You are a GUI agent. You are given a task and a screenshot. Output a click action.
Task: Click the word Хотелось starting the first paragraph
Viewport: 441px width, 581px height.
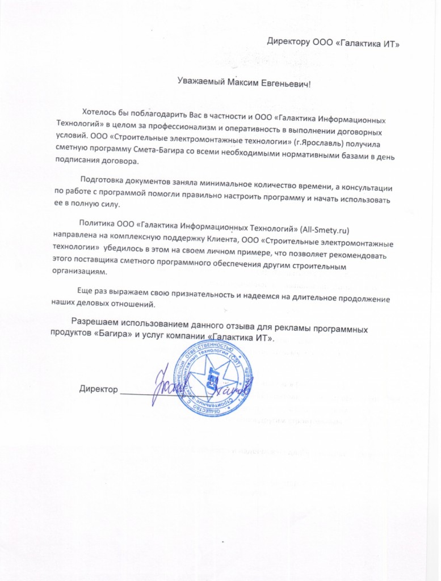click(x=102, y=111)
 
